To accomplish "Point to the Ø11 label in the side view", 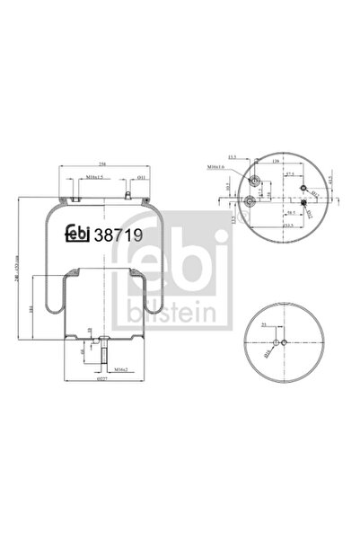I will (131, 178).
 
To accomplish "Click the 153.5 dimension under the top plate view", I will (289, 226).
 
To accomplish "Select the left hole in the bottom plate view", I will (276, 342).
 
